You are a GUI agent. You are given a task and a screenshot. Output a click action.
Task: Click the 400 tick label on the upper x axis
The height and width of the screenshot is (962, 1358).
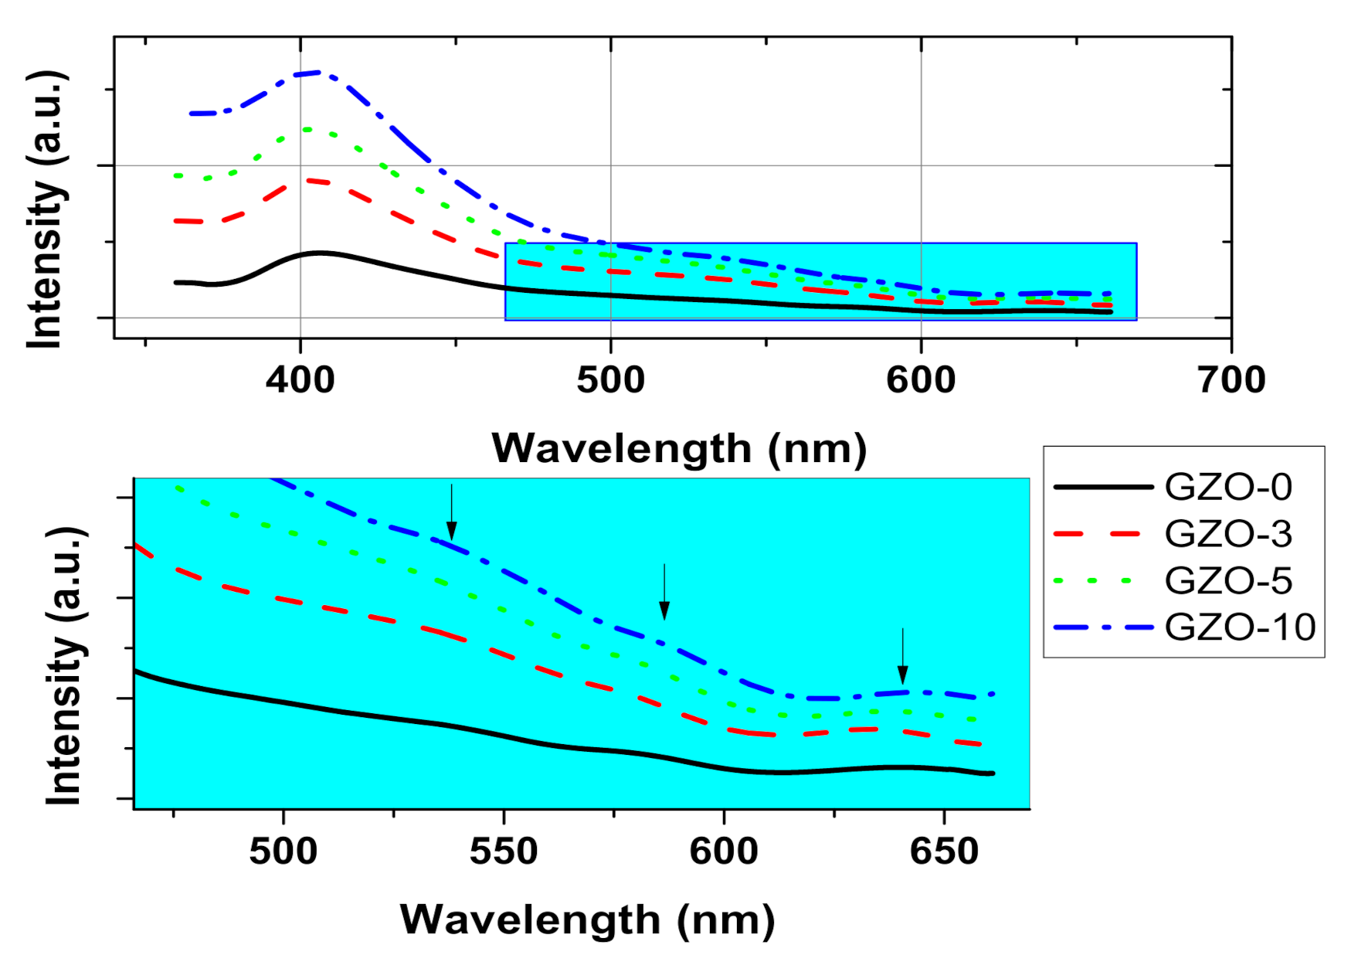300,380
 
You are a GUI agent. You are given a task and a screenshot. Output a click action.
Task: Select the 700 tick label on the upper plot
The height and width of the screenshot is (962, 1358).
1231,380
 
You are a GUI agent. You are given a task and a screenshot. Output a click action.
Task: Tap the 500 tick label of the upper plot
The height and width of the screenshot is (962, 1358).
610,380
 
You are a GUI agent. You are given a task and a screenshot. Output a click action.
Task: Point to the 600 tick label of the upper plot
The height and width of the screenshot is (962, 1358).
921,380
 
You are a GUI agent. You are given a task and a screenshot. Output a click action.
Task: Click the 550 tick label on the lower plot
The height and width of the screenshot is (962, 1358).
504,852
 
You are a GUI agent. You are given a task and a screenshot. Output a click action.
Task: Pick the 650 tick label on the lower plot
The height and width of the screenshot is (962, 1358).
944,852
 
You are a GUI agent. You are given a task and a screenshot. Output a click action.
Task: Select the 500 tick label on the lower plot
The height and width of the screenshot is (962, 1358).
283,852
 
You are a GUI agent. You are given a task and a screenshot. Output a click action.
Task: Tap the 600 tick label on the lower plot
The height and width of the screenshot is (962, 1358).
724,852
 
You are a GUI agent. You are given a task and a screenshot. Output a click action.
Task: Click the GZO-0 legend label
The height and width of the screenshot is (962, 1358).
1227,488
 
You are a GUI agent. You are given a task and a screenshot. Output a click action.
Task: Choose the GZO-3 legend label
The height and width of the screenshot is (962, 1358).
1227,534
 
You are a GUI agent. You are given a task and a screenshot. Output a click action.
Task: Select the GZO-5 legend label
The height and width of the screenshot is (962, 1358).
1227,581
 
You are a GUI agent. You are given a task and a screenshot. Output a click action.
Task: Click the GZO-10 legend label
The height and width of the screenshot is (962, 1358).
1239,627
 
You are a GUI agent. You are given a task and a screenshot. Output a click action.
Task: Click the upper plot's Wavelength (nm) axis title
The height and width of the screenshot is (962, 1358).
679,448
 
